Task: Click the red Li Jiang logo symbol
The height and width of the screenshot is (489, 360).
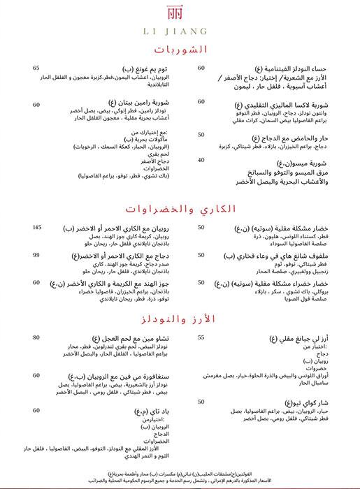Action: click(180, 14)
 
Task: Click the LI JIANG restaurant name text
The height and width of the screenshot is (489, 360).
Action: click(180, 31)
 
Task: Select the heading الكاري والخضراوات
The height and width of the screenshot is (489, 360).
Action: click(180, 207)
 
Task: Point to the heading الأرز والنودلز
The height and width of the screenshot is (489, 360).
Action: click(180, 319)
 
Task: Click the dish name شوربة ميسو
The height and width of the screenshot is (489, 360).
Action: click(300, 160)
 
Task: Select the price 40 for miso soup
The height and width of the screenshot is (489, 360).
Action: click(201, 160)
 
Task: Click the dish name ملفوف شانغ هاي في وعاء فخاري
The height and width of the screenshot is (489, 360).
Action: click(280, 256)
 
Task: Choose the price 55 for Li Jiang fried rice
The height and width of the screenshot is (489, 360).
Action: click(201, 338)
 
